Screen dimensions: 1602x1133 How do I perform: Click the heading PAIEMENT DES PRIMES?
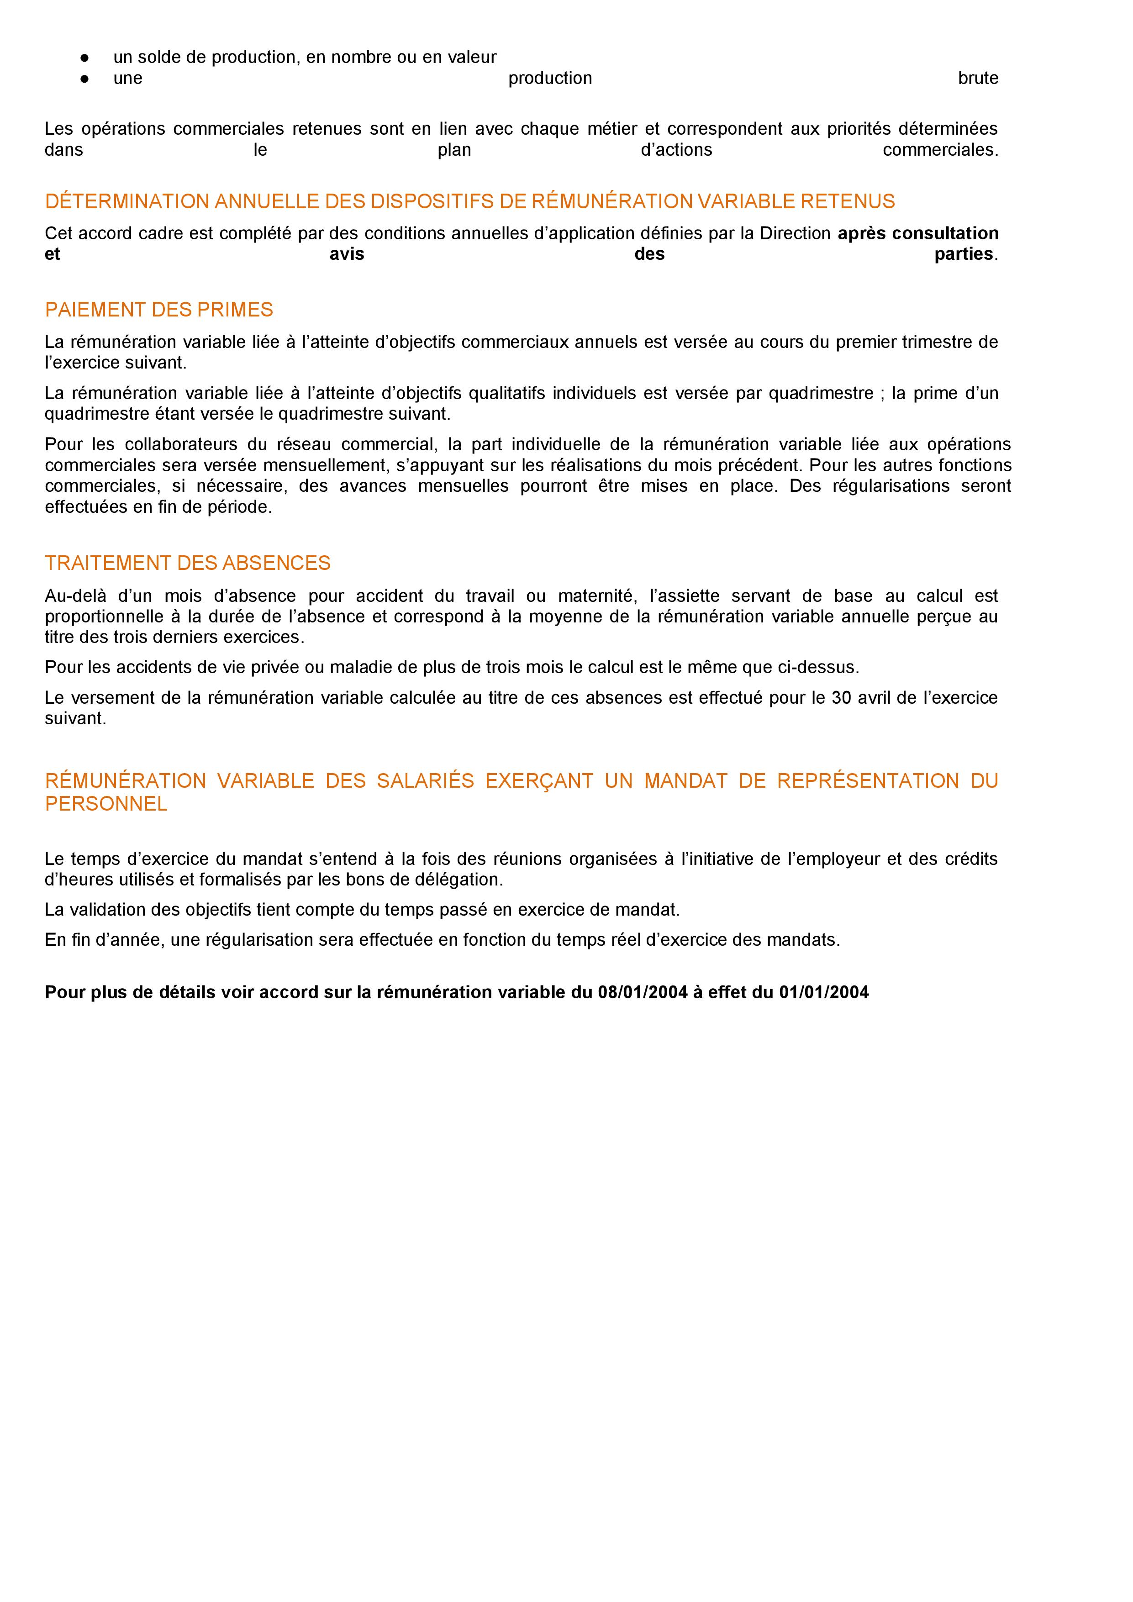coord(158,310)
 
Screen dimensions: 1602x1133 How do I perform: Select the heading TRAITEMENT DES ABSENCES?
coord(188,563)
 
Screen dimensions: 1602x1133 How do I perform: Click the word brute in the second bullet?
coord(978,78)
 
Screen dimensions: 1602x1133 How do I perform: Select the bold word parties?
coord(964,254)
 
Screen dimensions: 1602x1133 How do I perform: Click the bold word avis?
coord(347,254)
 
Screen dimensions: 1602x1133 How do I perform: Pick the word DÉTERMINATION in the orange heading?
coord(127,202)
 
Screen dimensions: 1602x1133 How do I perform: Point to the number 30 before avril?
coord(841,698)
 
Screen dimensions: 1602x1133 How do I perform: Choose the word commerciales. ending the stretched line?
coord(940,150)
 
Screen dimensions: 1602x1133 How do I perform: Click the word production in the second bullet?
coord(550,78)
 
